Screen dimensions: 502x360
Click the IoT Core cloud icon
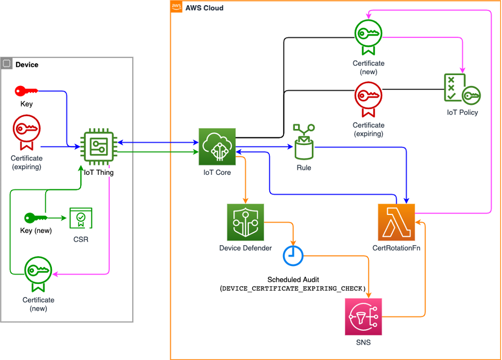[217, 147]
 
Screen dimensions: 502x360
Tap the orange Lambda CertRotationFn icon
[396, 222]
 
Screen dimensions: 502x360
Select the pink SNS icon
[363, 317]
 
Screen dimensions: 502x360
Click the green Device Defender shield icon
[246, 222]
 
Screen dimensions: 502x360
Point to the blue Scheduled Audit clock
[293, 256]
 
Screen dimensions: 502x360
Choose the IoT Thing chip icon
[99, 147]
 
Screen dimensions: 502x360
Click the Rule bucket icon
[304, 142]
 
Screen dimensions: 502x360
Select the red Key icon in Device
[26, 91]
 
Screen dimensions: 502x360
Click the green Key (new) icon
[36, 218]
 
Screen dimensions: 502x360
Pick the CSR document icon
[81, 218]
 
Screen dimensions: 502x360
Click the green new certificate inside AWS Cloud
[368, 37]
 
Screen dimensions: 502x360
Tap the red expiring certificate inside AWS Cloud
[368, 99]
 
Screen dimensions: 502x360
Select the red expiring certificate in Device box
[27, 132]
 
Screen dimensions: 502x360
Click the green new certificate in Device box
[38, 274]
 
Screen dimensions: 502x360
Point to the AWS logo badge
[176, 6]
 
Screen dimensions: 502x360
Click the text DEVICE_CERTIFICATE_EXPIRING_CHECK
[293, 289]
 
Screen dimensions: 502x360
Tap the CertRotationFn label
[396, 248]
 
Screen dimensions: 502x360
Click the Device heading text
[27, 65]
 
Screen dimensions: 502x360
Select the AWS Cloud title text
[204, 8]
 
